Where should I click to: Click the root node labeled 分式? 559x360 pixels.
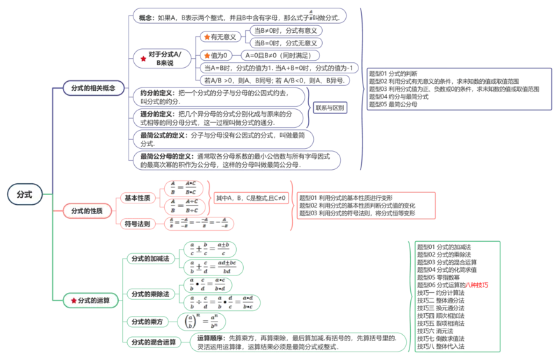coord(24,195)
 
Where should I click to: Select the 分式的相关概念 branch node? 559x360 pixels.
coord(93,88)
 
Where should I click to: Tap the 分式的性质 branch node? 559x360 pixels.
coord(87,210)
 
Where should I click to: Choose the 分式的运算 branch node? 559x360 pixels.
coord(90,300)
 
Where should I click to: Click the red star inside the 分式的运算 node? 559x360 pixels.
coord(73,300)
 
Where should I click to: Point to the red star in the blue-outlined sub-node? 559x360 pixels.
coord(144,59)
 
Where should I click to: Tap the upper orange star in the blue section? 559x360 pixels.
coord(207,36)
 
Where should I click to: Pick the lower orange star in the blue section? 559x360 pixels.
coord(207,55)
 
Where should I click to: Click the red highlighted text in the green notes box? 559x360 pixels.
coord(479,285)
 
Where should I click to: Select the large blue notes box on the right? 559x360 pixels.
coord(458,88)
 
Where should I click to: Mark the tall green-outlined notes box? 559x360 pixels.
coord(458,295)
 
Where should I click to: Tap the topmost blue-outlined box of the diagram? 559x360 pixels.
coord(240,16)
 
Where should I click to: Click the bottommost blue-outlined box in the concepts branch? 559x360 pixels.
coord(238,161)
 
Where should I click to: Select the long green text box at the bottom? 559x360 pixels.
coord(300,342)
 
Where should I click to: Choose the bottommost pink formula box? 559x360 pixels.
coord(199,224)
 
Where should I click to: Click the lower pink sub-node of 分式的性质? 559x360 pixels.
coord(137,224)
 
